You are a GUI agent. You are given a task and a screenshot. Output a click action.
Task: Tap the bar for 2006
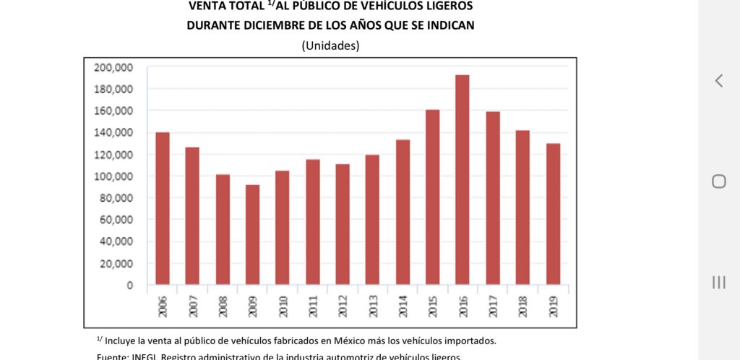[162, 208]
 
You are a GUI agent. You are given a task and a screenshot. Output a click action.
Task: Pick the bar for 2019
[553, 214]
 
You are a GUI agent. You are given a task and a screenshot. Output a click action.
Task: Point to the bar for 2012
[343, 224]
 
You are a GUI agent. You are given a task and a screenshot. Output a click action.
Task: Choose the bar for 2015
[433, 197]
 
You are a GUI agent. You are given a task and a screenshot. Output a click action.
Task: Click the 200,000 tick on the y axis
[114, 67]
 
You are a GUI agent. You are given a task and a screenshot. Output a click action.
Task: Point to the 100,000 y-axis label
[114, 176]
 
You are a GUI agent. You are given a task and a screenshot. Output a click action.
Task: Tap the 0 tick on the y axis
[129, 285]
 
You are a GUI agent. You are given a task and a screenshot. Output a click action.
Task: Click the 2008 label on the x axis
[223, 307]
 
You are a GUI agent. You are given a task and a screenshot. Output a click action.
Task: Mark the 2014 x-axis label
[403, 307]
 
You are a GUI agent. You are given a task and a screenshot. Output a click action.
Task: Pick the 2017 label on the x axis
[493, 307]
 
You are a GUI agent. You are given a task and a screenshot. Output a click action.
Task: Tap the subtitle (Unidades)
[330, 46]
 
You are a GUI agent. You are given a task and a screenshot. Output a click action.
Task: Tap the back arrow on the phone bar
[718, 81]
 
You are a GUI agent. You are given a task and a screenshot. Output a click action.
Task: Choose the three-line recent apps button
[718, 282]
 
